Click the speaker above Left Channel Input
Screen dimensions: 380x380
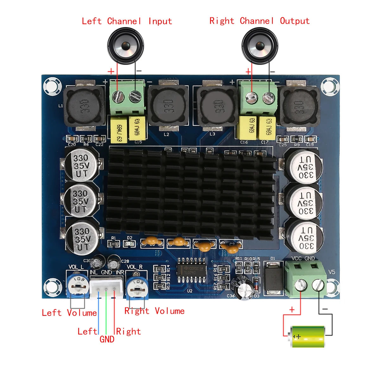tap(126, 46)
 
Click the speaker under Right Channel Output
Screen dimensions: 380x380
tap(260, 46)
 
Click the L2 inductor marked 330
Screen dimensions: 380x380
tap(168, 106)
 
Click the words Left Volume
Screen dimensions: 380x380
tap(69, 313)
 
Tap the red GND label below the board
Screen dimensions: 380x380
tap(107, 339)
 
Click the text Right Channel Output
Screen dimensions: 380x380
tap(259, 21)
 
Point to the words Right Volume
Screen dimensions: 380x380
tap(155, 311)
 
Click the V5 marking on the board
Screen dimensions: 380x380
tap(331, 272)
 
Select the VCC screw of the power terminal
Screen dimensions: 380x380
tap(301, 285)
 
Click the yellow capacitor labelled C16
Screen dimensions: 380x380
tap(246, 128)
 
